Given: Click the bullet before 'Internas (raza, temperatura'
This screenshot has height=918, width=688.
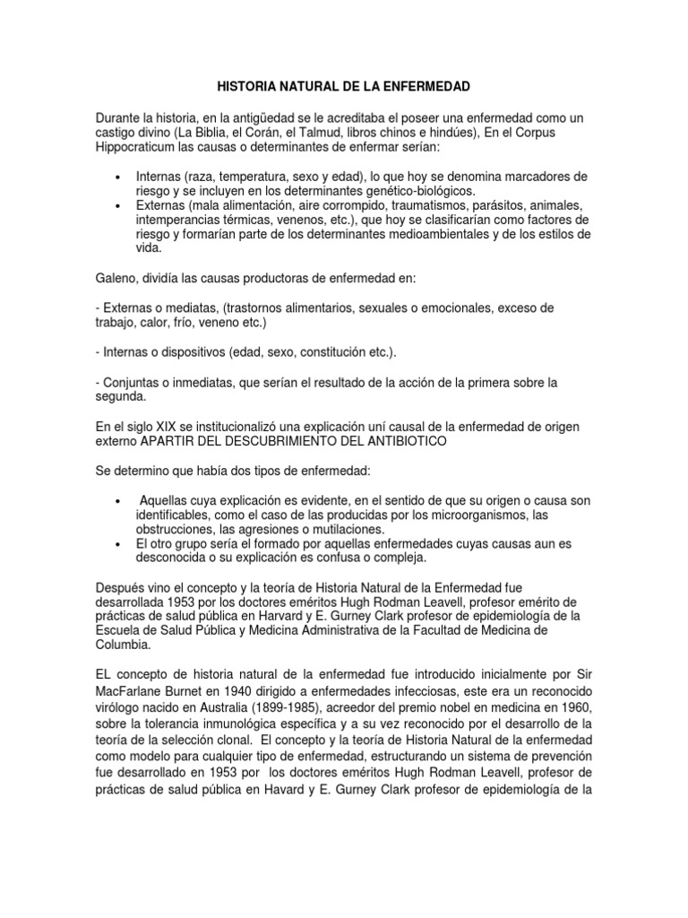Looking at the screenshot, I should (x=117, y=177).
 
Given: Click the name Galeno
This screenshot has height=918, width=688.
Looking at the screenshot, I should (x=116, y=278).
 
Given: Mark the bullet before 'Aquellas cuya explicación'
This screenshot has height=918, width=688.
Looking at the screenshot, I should (x=117, y=500).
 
